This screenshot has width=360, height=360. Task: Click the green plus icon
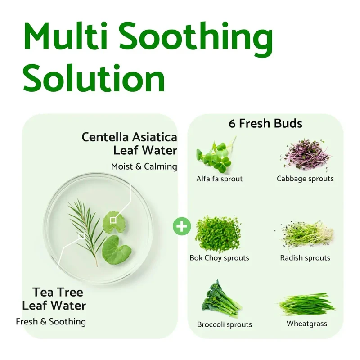pos(182,226)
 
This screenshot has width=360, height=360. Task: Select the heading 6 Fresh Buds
pos(265,123)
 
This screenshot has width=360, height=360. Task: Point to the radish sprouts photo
pos(305,234)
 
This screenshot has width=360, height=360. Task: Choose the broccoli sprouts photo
pos(221,299)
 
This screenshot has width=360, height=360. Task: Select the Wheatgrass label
pos(307,324)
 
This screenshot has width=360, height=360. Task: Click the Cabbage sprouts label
pos(305,179)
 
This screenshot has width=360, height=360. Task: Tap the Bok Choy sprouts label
pos(219,258)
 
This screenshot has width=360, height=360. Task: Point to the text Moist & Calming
pos(144,166)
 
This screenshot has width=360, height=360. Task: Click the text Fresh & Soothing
pos(51,322)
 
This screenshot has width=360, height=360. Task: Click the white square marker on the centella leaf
pos(113,220)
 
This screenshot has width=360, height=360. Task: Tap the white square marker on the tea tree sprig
pos(81,236)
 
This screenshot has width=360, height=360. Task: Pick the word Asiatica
pos(154,137)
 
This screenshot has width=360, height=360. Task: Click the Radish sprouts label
pos(305,258)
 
